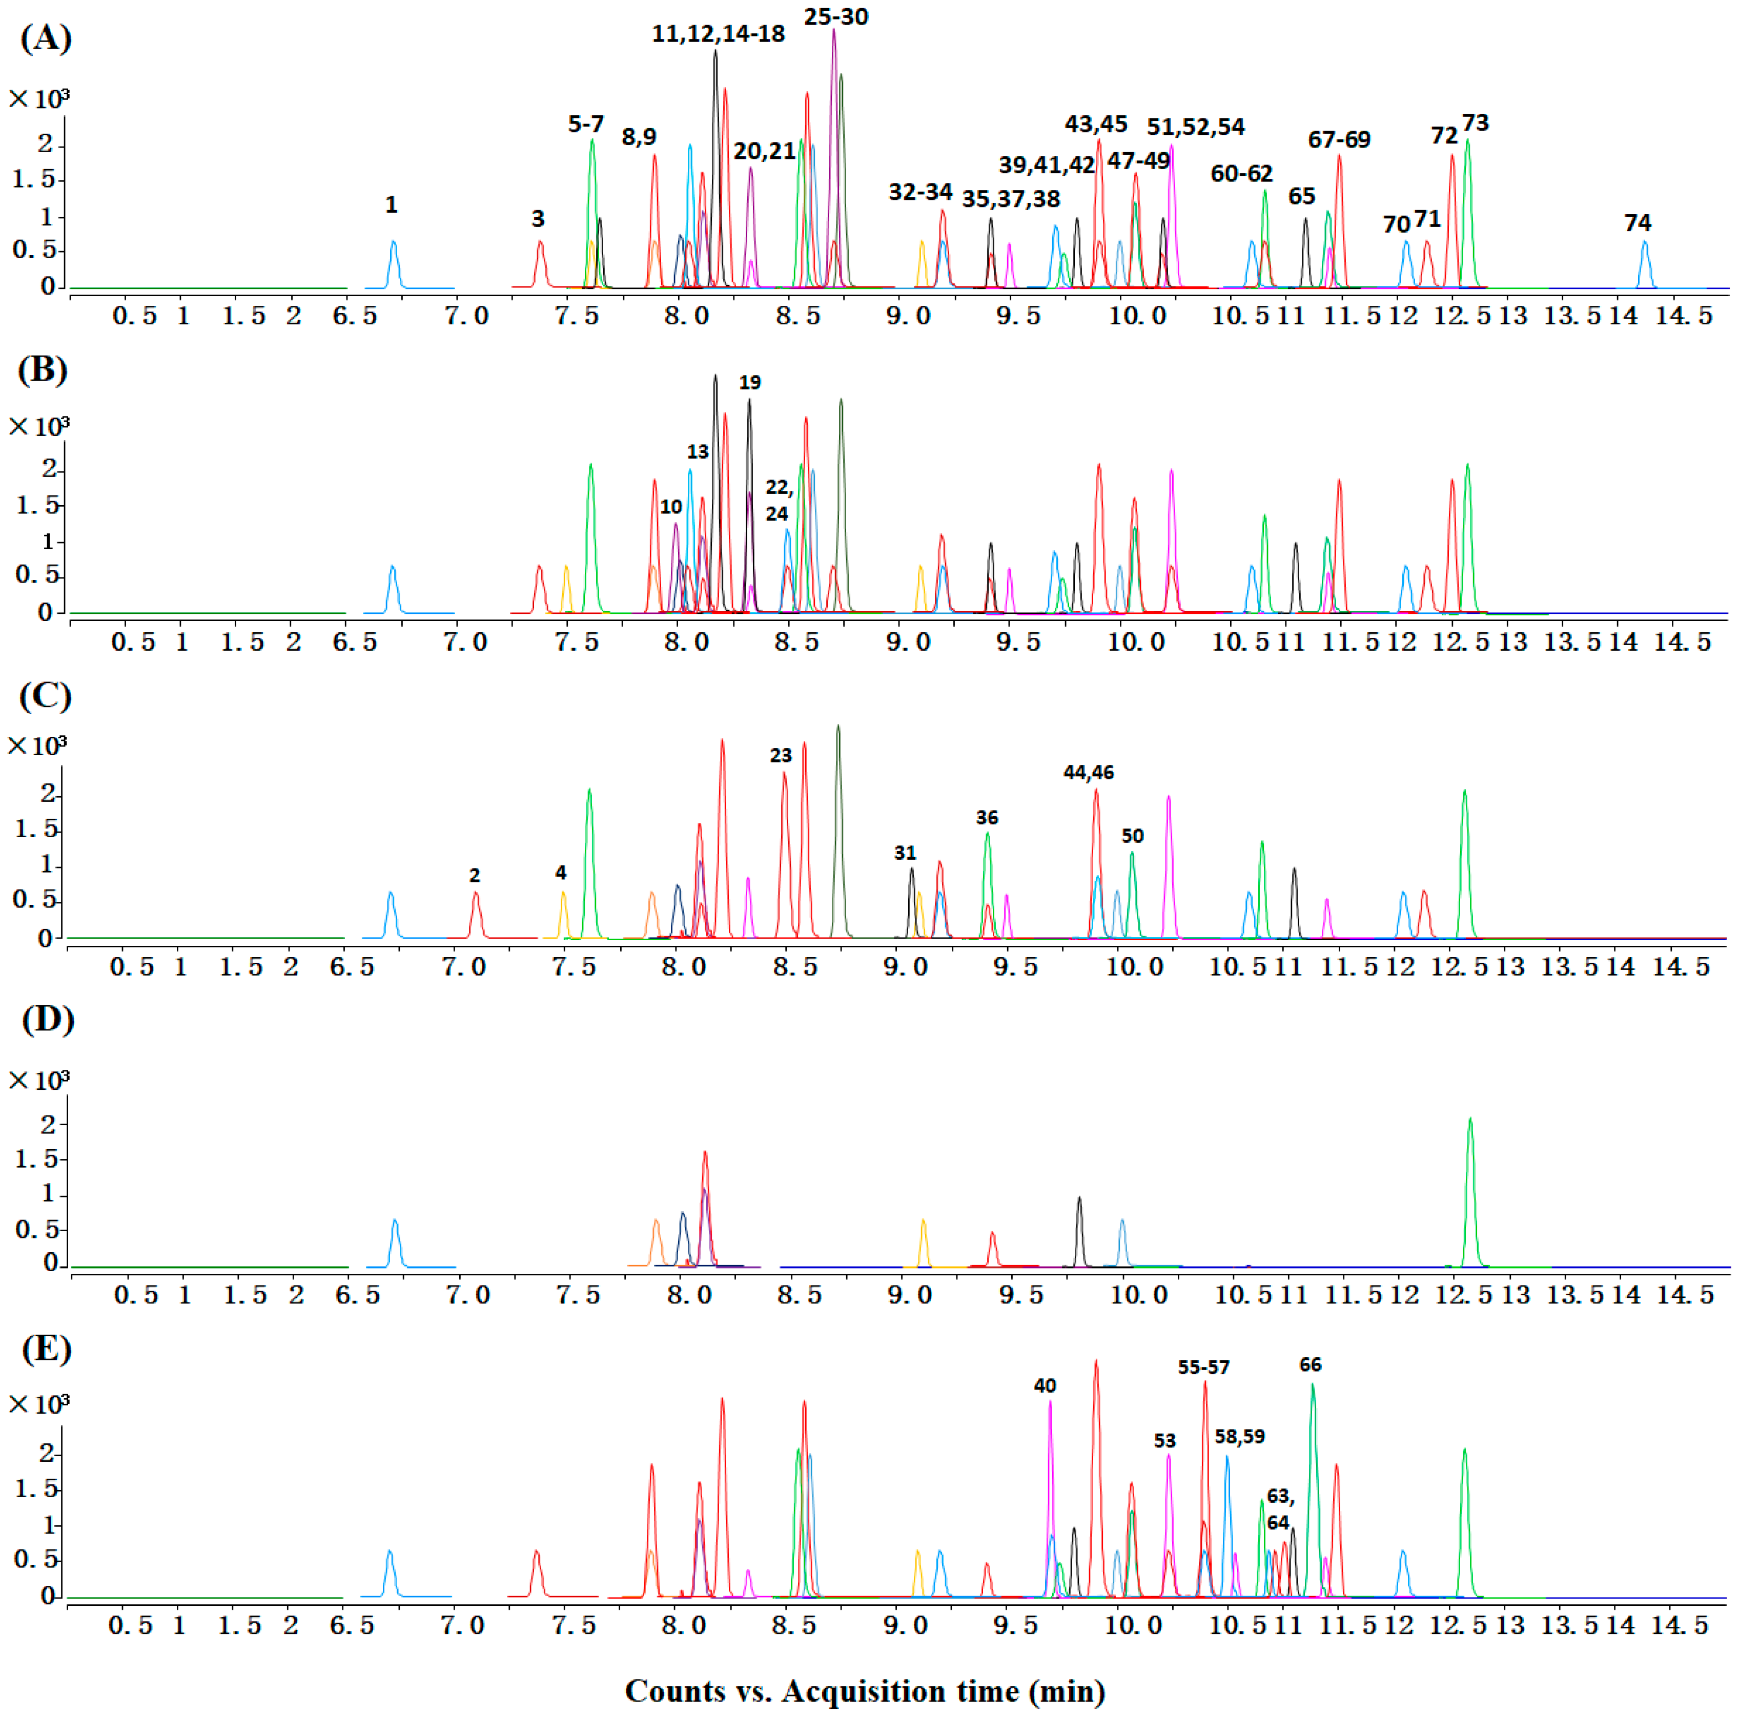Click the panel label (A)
(x=45, y=39)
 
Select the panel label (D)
(x=47, y=1020)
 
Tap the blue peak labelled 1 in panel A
(x=393, y=261)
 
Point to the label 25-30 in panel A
(x=835, y=17)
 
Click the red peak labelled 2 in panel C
(x=475, y=914)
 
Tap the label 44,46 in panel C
(x=1088, y=772)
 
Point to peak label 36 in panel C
(x=987, y=817)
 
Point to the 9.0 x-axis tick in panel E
(x=907, y=1625)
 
